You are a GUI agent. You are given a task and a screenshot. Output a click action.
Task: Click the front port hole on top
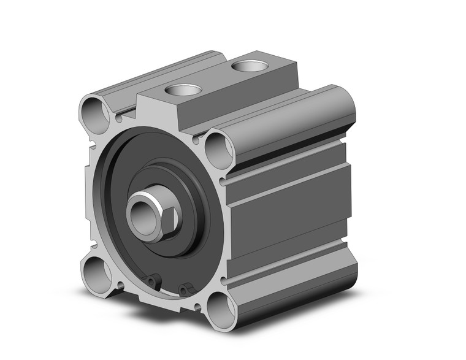183,90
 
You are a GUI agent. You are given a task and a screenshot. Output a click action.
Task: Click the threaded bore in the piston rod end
140,211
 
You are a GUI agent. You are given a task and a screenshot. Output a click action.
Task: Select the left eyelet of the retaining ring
151,281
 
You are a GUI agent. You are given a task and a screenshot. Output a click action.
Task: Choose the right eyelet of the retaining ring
185,289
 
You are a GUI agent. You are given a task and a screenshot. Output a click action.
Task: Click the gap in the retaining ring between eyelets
168,287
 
